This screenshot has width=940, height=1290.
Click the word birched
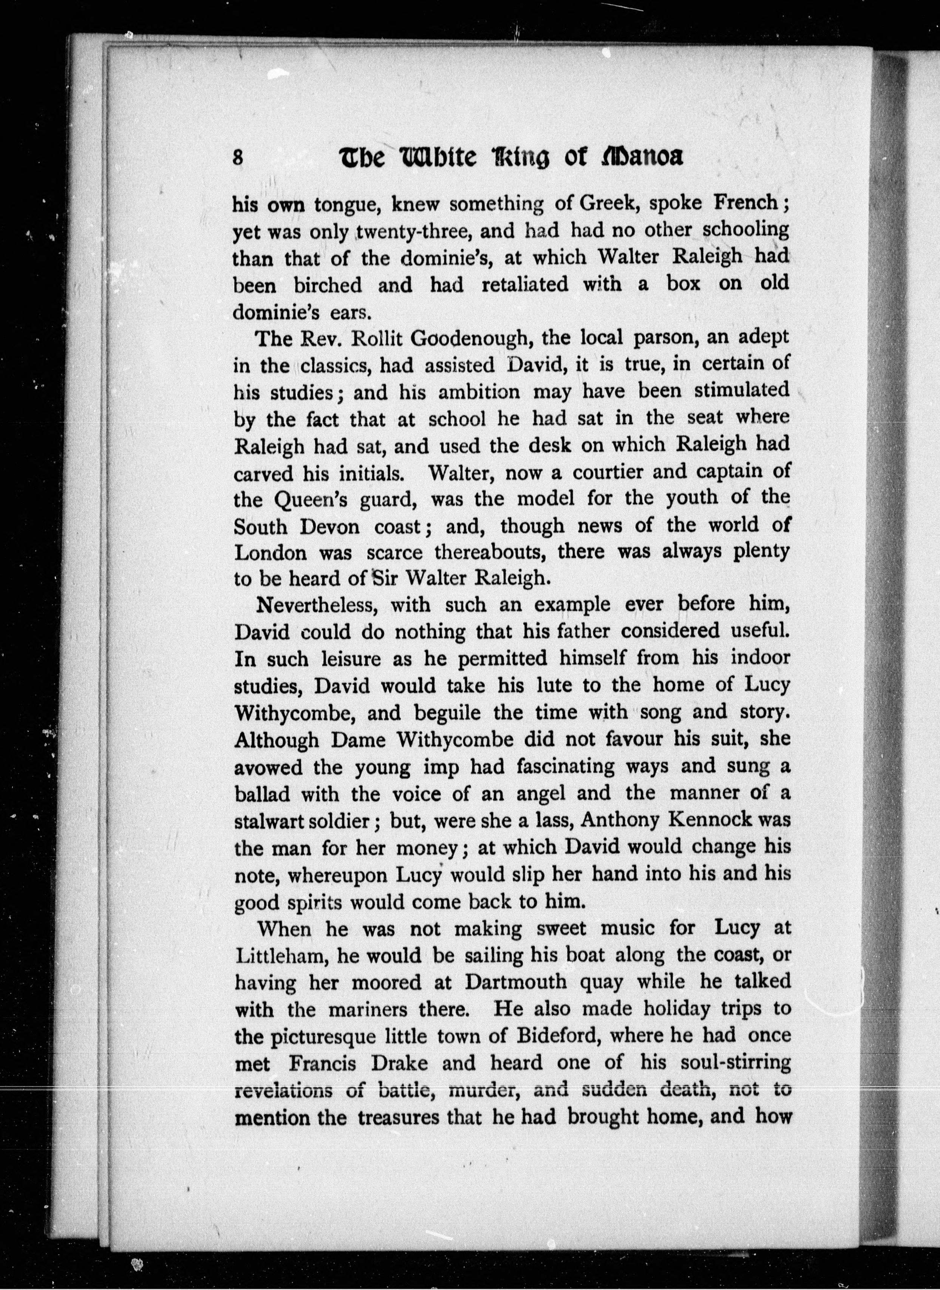328,284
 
